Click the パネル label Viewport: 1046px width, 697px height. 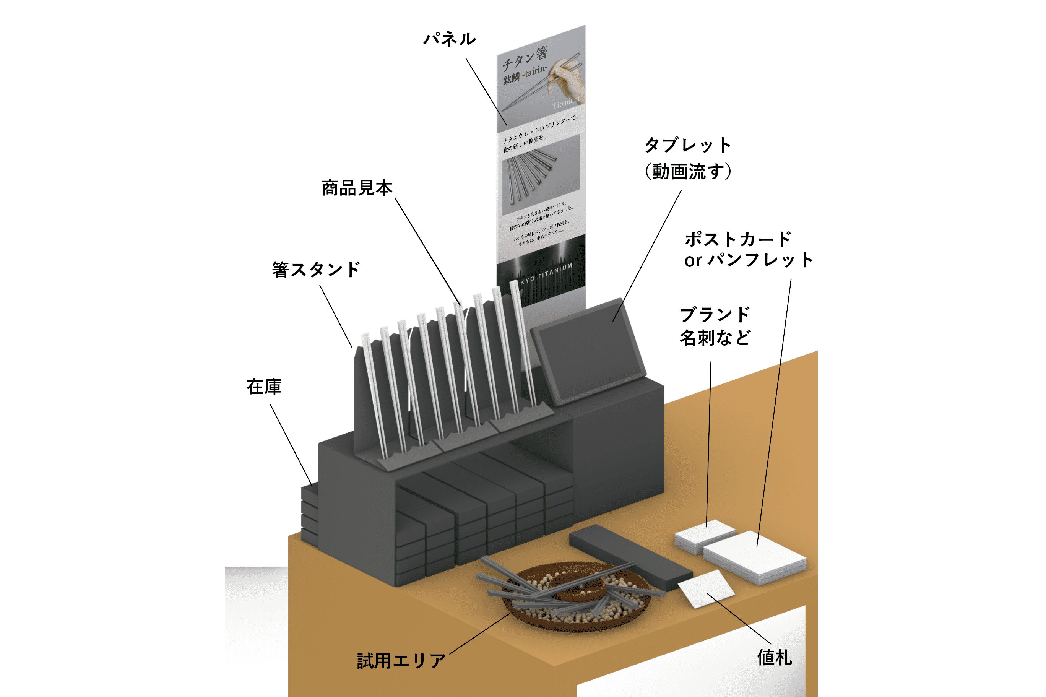449,39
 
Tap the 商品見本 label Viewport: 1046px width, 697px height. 357,188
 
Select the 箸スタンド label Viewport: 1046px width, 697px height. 315,270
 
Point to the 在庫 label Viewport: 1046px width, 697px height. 264,387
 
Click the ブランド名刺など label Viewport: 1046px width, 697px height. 715,326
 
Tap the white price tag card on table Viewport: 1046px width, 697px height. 706,588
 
